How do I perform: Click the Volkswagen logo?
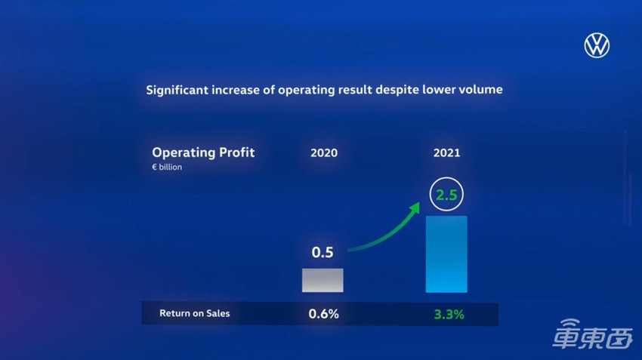pyautogui.click(x=596, y=45)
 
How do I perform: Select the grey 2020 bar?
pyautogui.click(x=323, y=280)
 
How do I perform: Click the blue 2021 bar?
pyautogui.click(x=446, y=254)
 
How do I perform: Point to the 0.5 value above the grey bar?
pyautogui.click(x=323, y=252)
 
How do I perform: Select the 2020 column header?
pyautogui.click(x=324, y=152)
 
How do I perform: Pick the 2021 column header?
pyautogui.click(x=446, y=152)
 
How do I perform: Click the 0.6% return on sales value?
pyautogui.click(x=323, y=313)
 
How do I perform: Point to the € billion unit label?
pyautogui.click(x=167, y=168)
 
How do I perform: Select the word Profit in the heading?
pyautogui.click(x=236, y=152)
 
